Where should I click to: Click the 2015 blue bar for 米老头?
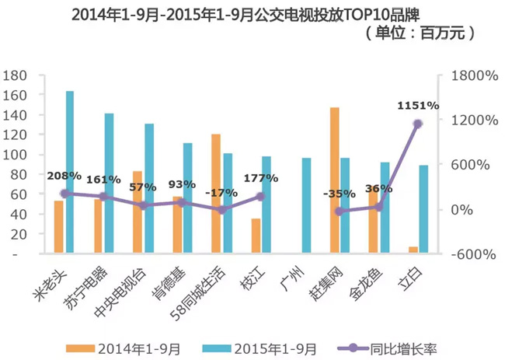coord(70,172)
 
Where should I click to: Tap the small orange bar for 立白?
coord(413,249)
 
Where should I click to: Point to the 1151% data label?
coord(418,105)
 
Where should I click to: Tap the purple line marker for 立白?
coord(418,124)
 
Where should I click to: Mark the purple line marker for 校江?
coord(260,197)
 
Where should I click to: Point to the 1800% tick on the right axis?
coord(467,75)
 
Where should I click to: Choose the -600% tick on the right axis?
coord(467,254)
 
